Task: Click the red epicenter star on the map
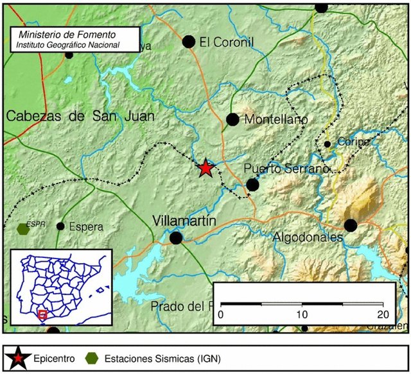point(205,168)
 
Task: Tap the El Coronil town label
point(227,42)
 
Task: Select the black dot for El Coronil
point(189,42)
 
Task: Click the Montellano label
point(276,120)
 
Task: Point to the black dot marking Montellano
point(232,119)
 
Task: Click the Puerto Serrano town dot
point(252,185)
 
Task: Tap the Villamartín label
point(184,221)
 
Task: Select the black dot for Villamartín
point(176,238)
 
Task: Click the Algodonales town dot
point(350,225)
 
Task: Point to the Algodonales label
point(308,238)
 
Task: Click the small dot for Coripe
point(327,144)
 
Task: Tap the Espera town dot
point(60,226)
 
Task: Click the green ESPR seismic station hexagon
point(23,228)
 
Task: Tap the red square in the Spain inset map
point(42,314)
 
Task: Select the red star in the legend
point(21,358)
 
